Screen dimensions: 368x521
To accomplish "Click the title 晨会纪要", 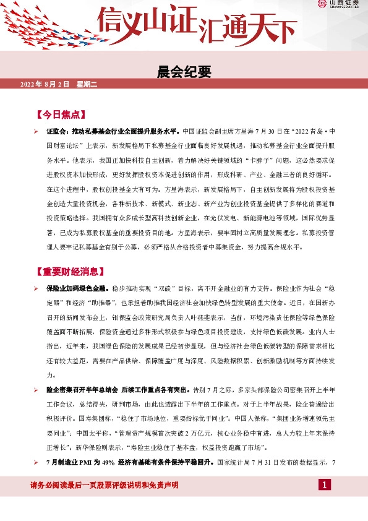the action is coord(184,72).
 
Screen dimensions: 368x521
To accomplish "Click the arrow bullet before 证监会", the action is coord(36,132).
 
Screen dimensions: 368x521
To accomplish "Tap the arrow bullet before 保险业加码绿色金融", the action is coord(36,289).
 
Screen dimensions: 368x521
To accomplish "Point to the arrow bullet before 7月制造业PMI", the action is coord(36,462).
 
